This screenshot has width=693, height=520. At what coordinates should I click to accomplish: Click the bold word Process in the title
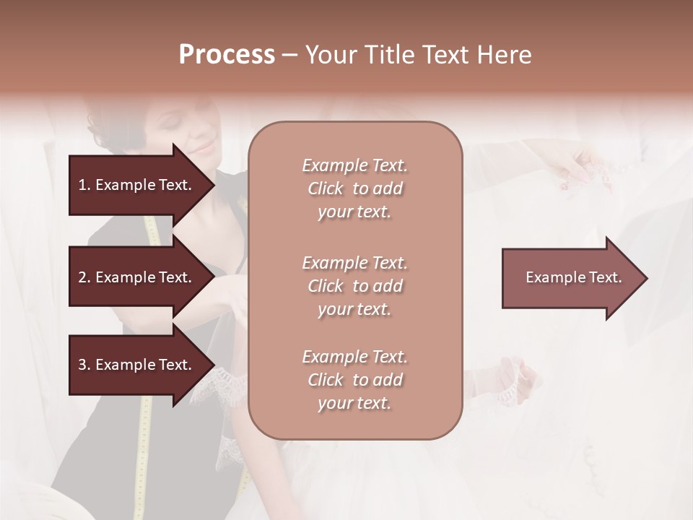[x=227, y=55]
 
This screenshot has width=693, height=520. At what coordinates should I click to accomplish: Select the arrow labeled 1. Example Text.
[x=137, y=185]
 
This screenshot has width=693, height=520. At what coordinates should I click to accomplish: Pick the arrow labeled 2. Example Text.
[x=137, y=277]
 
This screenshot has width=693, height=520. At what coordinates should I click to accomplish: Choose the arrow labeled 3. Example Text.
[x=137, y=365]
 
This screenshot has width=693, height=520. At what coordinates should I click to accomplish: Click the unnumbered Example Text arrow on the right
[x=570, y=278]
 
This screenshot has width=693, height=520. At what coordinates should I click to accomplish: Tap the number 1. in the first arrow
[x=84, y=185]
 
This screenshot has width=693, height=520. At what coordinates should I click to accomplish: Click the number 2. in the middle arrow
[x=84, y=277]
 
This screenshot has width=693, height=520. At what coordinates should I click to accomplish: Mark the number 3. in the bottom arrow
[x=84, y=365]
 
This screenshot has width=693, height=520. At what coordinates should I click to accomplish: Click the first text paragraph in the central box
[x=354, y=188]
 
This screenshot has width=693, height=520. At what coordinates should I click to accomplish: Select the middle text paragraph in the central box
[x=354, y=285]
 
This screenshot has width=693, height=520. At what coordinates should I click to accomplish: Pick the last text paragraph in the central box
[x=354, y=380]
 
